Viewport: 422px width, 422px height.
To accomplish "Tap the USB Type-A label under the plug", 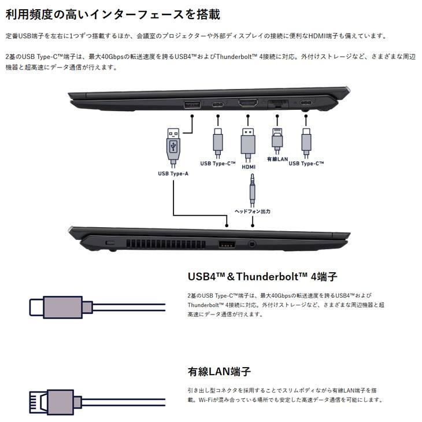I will point(173,173).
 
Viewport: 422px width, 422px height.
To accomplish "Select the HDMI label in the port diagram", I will point(249,166).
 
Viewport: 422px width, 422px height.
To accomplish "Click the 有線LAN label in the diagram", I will point(276,158).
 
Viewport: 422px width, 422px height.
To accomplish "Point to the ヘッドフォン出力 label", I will point(252,212).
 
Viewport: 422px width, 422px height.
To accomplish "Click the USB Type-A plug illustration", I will point(173,145).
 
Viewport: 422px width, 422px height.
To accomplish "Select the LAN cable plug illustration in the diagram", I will point(277,138).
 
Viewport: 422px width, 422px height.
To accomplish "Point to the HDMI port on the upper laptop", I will point(249,104).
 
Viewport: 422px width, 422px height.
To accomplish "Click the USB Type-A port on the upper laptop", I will point(191,104).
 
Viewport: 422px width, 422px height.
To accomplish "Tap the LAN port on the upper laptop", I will point(278,105).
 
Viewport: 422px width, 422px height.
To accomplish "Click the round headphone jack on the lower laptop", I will point(251,244).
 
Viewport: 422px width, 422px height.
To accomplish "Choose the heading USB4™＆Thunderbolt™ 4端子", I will point(262,276).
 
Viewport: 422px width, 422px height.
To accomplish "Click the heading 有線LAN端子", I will point(219,371).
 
